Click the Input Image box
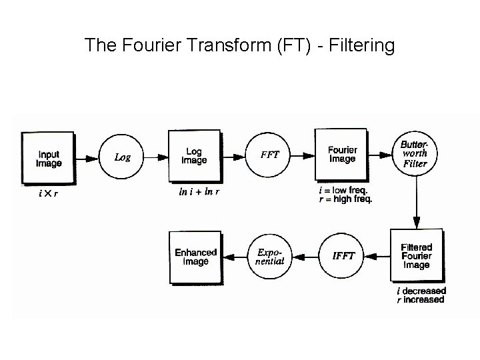(x=48, y=158)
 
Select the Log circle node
(x=123, y=157)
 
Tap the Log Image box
(x=195, y=157)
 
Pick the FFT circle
(x=269, y=156)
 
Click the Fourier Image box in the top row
(x=342, y=155)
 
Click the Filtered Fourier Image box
(x=416, y=257)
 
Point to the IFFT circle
(x=343, y=256)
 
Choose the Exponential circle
(x=270, y=257)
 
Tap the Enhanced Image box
(x=195, y=257)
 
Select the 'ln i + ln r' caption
(x=199, y=192)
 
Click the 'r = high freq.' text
(x=345, y=199)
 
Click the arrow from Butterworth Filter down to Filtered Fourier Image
(x=416, y=203)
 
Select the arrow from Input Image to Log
(x=86, y=158)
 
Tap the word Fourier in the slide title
(x=146, y=46)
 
